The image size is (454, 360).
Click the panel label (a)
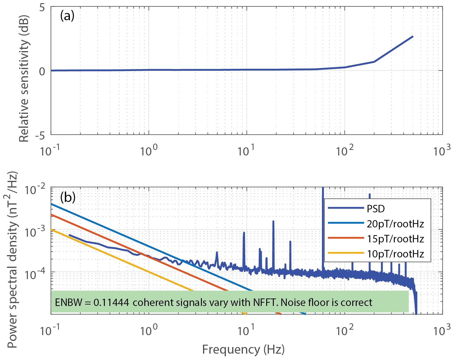(67, 16)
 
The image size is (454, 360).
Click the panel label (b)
(68, 197)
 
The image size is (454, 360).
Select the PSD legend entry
(376, 209)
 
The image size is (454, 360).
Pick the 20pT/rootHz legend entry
(395, 224)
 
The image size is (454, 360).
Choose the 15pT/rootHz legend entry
(395, 239)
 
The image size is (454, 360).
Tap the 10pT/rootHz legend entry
(395, 254)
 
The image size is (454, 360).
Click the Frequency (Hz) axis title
(243, 349)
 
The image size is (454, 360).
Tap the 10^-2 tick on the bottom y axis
(35, 190)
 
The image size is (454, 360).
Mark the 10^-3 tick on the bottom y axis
(35, 232)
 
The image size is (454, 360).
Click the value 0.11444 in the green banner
(111, 302)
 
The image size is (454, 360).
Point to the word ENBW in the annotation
(68, 302)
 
